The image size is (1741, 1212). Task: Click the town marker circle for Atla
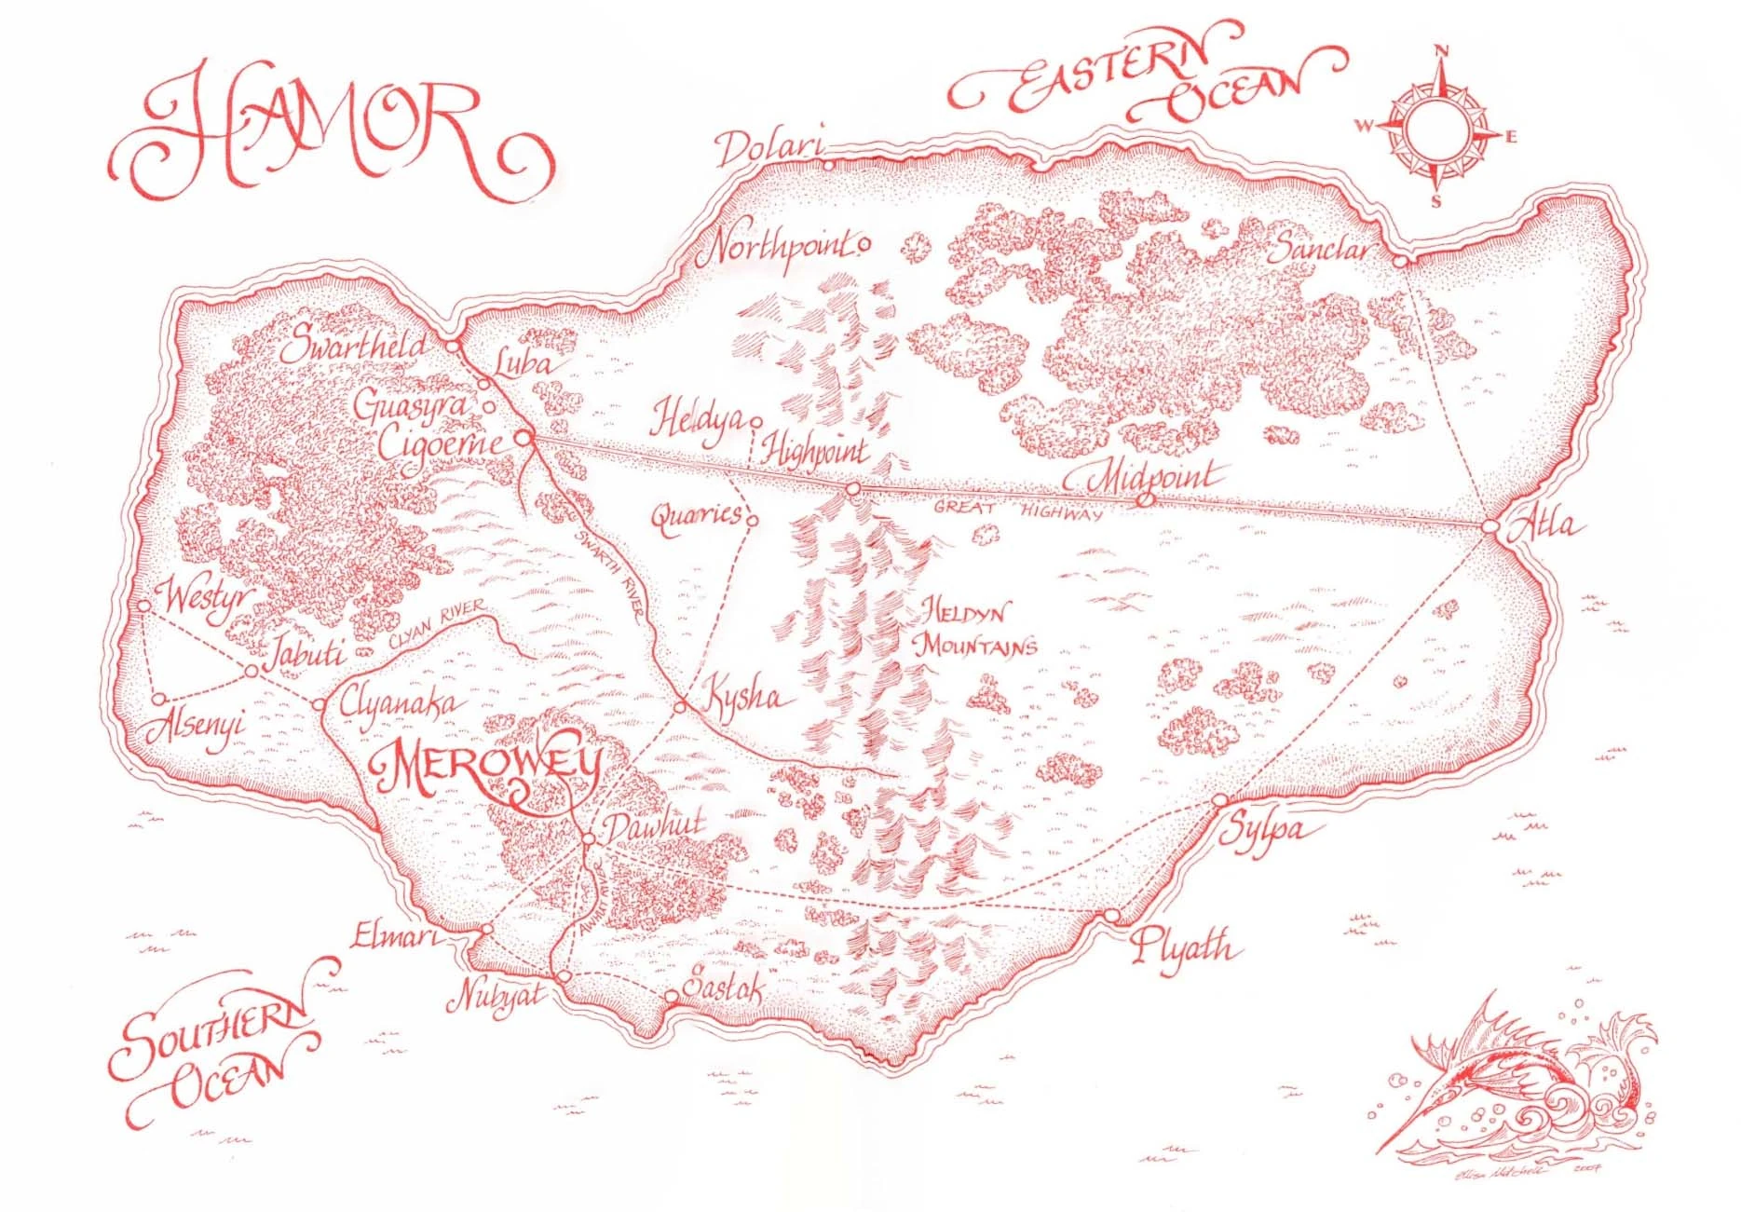pyautogui.click(x=1489, y=527)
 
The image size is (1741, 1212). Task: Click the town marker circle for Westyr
pyautogui.click(x=143, y=606)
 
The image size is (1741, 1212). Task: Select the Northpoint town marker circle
pyautogui.click(x=864, y=246)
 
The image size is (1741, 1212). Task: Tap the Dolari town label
pyautogui.click(x=769, y=150)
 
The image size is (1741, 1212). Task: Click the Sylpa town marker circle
pyautogui.click(x=1219, y=801)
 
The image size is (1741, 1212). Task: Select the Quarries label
pyautogui.click(x=696, y=516)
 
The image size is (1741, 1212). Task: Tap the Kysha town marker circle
pyautogui.click(x=680, y=707)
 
